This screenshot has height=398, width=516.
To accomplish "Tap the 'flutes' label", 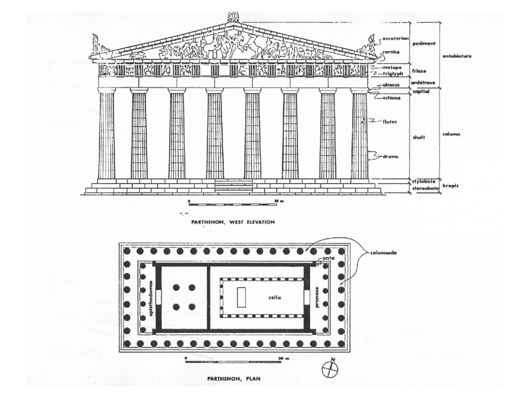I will tap(390, 122).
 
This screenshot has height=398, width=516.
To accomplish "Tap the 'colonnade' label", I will tap(382, 252).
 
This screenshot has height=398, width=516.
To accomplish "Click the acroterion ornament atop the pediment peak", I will tap(233, 18).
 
